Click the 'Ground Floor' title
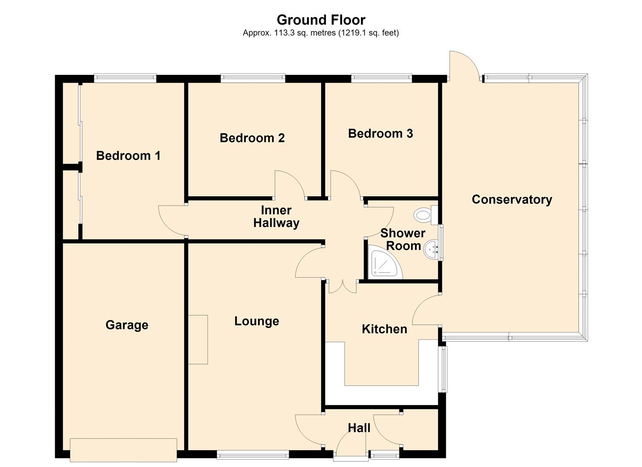[321, 20]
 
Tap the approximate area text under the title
[321, 33]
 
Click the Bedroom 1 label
[128, 156]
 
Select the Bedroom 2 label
[252, 138]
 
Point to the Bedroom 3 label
[380, 133]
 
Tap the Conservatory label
[512, 199]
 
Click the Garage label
[127, 325]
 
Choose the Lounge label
[256, 321]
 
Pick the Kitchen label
[384, 329]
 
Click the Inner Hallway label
[276, 217]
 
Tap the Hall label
[359, 428]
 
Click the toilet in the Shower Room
[426, 215]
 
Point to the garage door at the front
[124, 450]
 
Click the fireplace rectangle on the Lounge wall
[198, 340]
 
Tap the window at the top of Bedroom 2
[253, 78]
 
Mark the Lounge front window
[253, 454]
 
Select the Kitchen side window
[443, 369]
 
